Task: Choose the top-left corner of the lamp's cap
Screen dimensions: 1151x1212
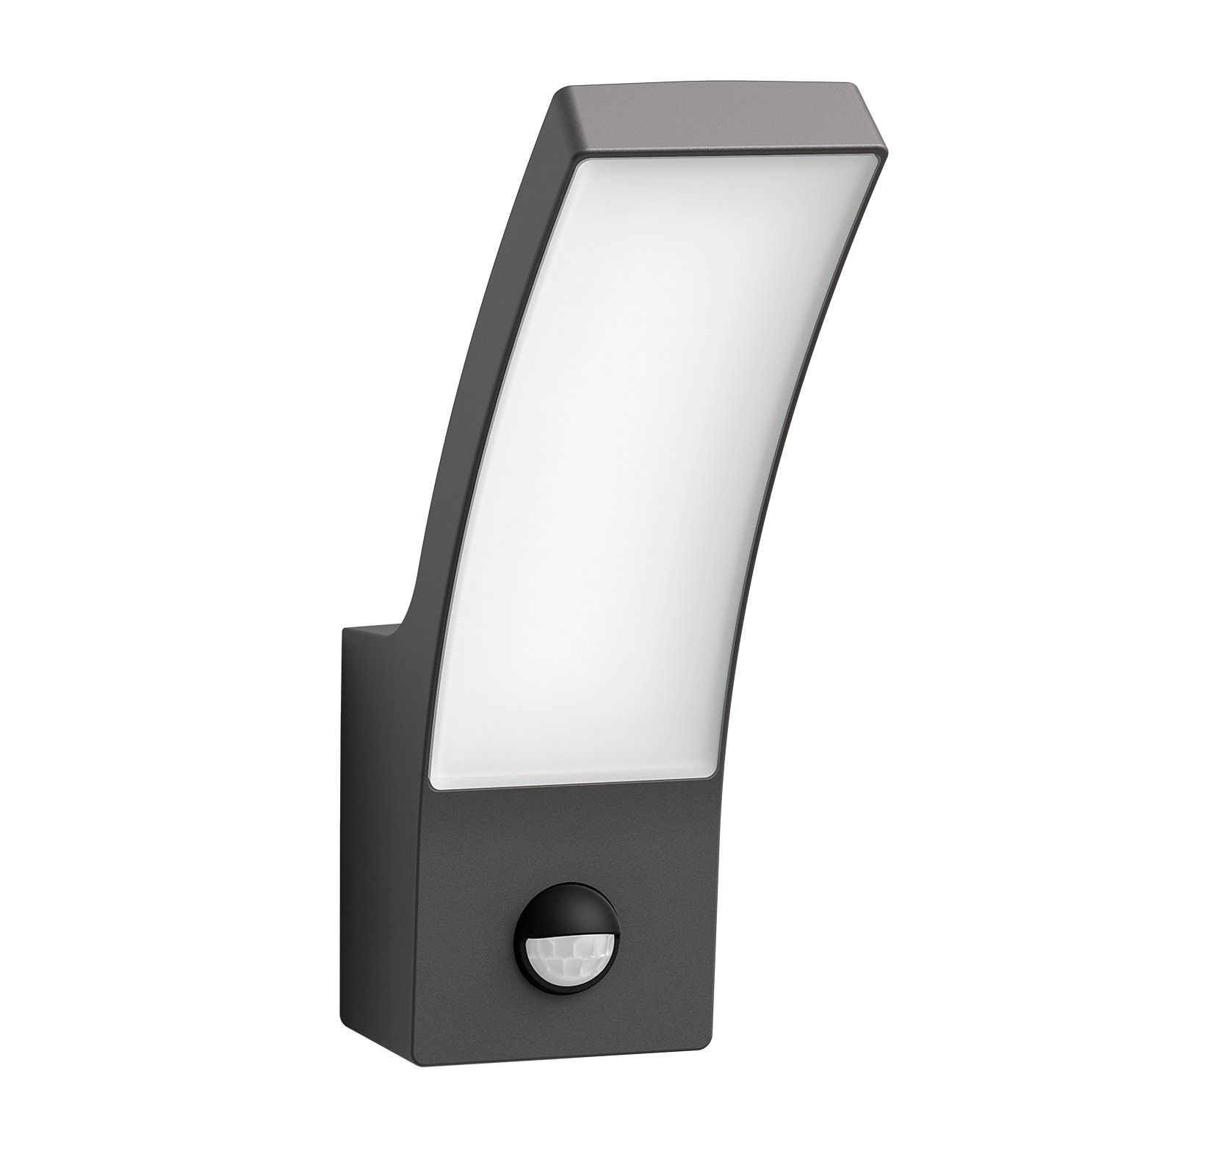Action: (x=558, y=92)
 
